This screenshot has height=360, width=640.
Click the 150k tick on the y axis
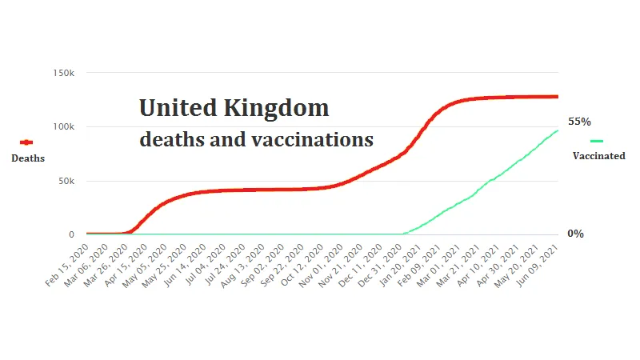click(64, 73)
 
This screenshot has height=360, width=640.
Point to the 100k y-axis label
click(64, 127)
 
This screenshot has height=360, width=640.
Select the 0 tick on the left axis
click(71, 235)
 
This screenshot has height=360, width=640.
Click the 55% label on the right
click(579, 122)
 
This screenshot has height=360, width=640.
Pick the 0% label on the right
click(576, 234)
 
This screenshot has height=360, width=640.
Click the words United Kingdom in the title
click(234, 109)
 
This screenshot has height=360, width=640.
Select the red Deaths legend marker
click(26, 142)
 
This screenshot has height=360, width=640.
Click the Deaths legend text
click(28, 158)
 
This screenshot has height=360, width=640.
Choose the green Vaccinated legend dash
click(597, 141)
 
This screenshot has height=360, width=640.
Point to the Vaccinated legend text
click(598, 156)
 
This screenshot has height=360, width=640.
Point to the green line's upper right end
click(558, 130)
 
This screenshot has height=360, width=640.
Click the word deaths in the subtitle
click(169, 139)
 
